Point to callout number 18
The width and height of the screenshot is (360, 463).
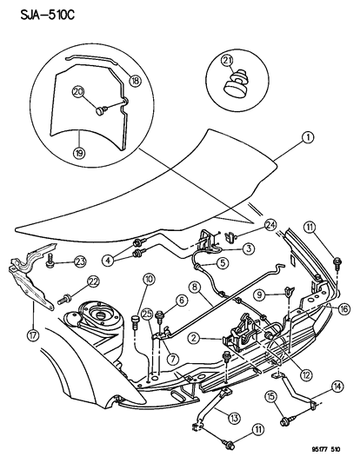pos(135,80)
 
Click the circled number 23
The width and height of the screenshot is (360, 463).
pos(80,260)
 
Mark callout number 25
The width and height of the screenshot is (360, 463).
pos(147,314)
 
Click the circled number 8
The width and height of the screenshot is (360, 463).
pos(196,287)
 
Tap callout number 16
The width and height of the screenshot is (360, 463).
pos(345,308)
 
